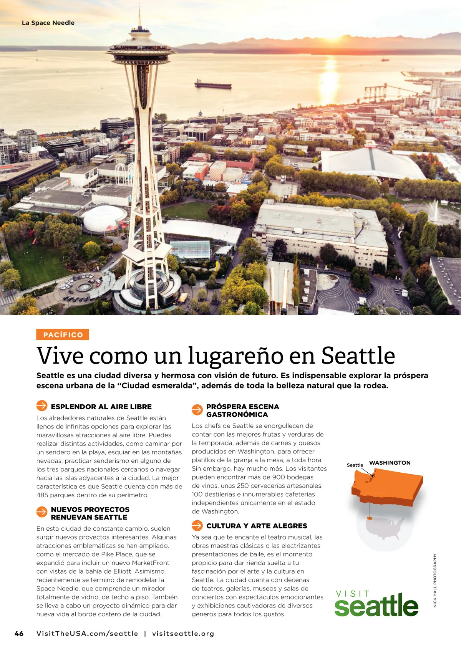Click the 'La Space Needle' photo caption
[48, 23]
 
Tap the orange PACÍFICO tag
[63, 334]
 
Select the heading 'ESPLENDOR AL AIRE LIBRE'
[101, 407]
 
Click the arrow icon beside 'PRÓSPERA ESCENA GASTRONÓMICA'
[197, 410]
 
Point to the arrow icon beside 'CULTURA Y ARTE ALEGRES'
[197, 525]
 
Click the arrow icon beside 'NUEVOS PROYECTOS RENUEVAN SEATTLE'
[41, 512]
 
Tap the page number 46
[19, 634]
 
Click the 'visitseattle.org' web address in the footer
[183, 634]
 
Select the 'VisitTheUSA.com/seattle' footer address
[87, 634]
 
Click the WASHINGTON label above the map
[390, 463]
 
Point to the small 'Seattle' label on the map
[355, 465]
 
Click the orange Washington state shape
[388, 488]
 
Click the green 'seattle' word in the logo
[376, 606]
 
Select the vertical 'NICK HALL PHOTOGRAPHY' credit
[435, 580]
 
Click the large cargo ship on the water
[213, 84]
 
